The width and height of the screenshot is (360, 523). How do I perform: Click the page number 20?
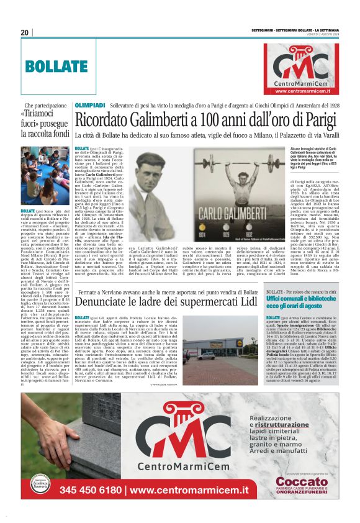(25, 32)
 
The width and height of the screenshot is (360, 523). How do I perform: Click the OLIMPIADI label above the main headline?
(90, 106)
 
